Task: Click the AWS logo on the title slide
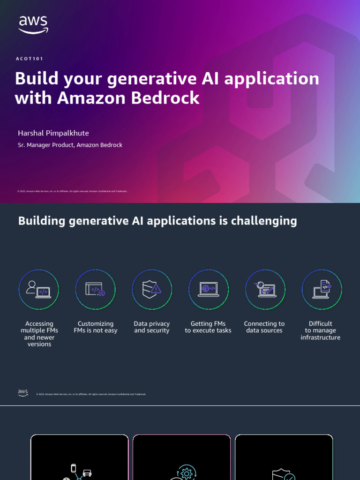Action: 33,24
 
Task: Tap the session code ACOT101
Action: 29,59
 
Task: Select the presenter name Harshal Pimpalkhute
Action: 53,133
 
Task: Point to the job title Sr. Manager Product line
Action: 70,145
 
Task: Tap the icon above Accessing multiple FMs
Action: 39,290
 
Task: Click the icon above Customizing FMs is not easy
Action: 95,290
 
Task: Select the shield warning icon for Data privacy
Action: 152,290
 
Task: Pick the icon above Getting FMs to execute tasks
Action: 208,290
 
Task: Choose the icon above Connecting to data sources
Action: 265,290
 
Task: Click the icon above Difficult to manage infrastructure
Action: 322,290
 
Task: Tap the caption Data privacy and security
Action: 152,327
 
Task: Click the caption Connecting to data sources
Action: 264,327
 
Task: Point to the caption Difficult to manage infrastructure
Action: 321,330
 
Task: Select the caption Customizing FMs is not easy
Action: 96,327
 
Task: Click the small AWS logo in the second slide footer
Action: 23,393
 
